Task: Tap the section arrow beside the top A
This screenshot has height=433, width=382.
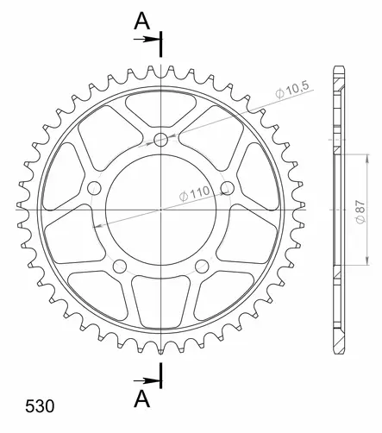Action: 152,40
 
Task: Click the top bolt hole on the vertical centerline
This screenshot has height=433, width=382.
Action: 162,141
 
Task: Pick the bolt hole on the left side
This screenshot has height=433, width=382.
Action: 95,189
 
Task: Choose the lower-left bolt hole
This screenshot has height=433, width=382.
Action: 121,265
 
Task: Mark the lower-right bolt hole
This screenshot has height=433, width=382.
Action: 204,265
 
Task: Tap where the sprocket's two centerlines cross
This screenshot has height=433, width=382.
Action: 162,209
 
